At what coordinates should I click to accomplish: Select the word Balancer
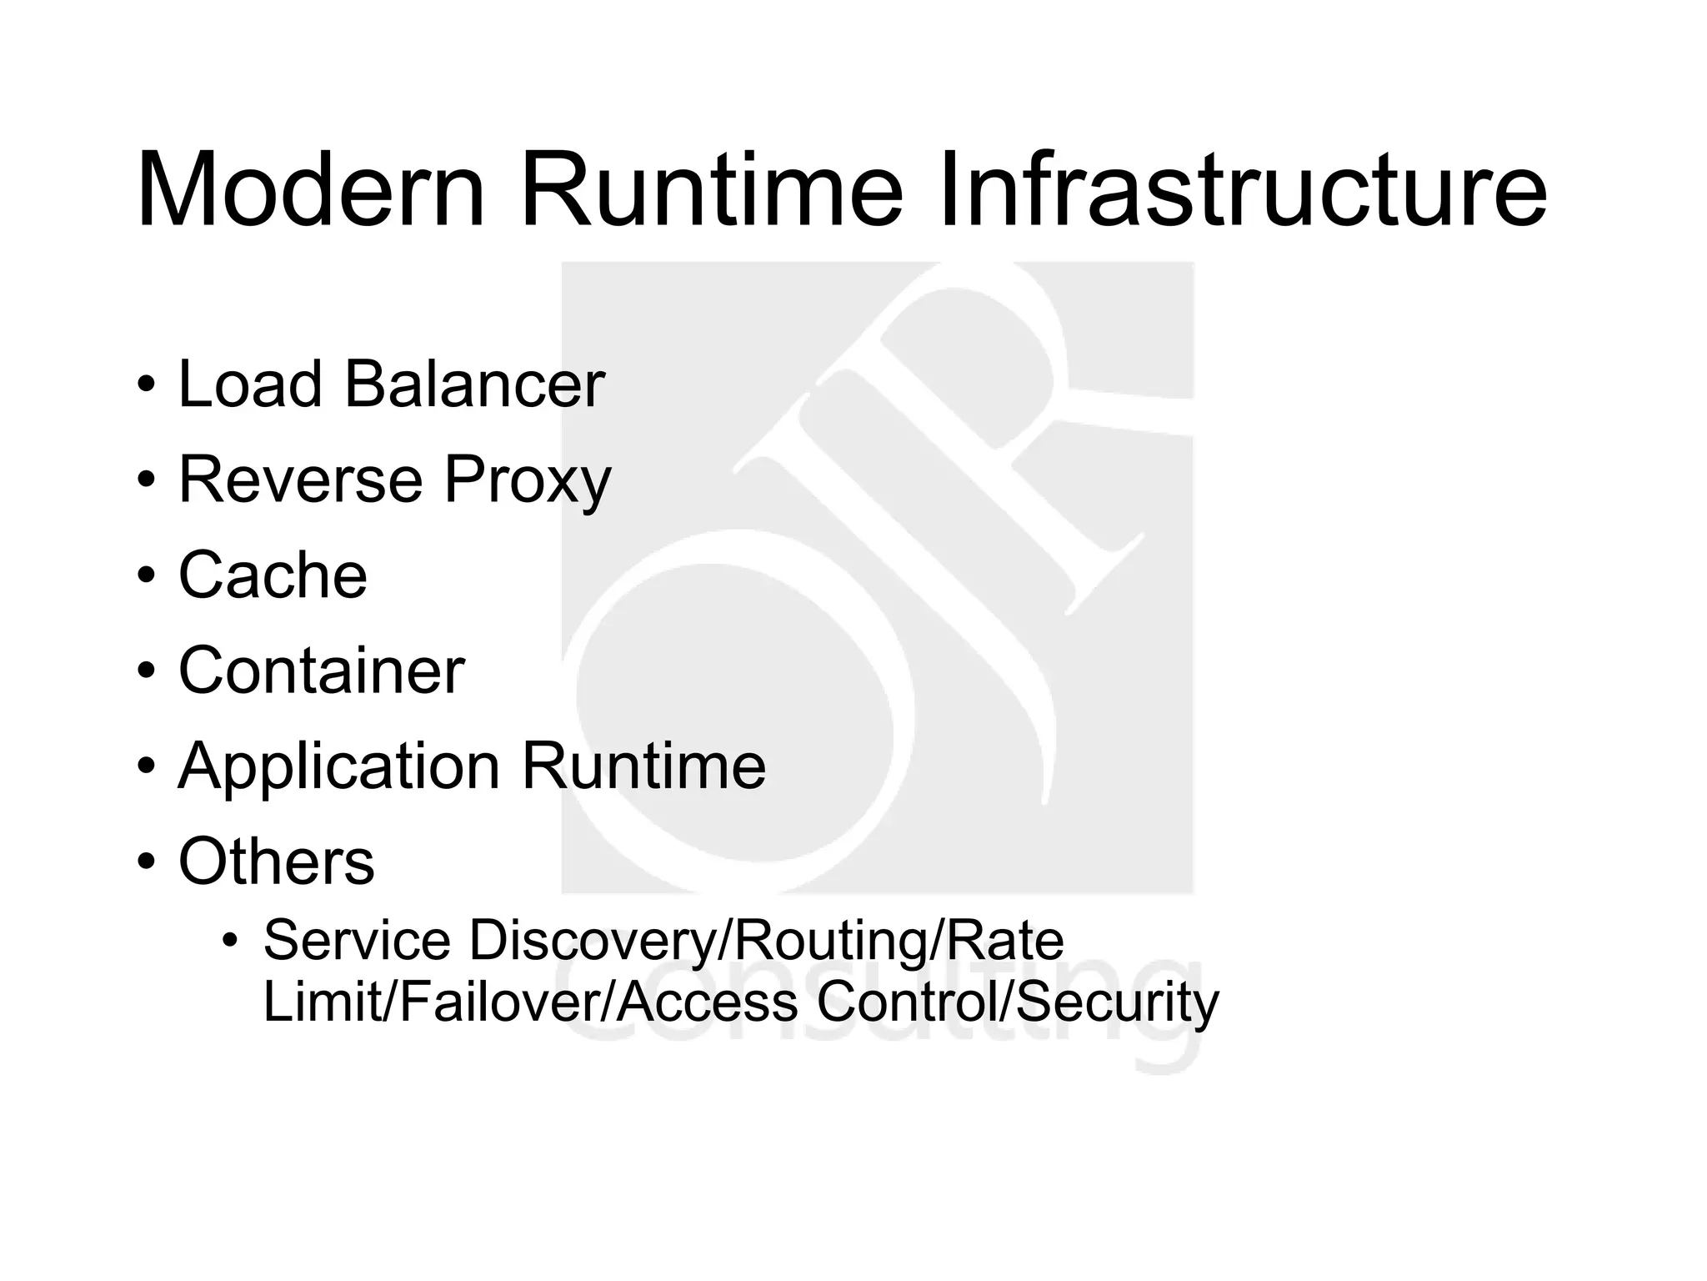coord(474,384)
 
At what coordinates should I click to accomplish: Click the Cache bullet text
coord(273,575)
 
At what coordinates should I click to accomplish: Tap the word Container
coord(321,671)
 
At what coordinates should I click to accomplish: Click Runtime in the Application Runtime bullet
coord(643,766)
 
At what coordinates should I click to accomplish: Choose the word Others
coord(276,862)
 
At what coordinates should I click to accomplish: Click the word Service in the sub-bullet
coord(357,940)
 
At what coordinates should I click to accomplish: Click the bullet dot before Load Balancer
coord(147,386)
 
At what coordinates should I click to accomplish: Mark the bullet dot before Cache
coord(147,576)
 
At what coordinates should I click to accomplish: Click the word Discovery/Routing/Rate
coord(766,942)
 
